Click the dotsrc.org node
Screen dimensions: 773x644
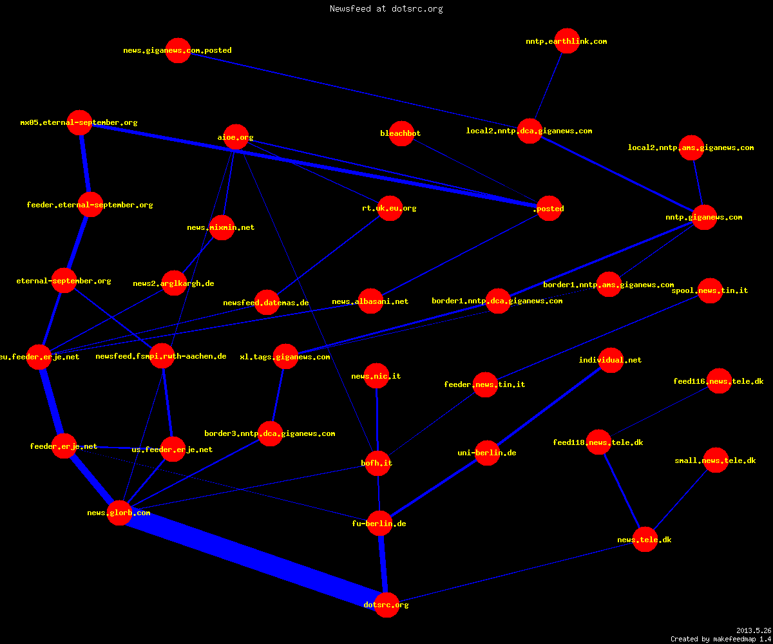(x=386, y=605)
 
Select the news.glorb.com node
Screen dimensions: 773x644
(x=119, y=513)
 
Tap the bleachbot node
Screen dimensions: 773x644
(x=401, y=133)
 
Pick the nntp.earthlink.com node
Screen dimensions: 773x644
(x=567, y=41)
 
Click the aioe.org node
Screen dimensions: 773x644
(x=236, y=137)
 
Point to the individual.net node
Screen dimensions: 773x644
(x=611, y=360)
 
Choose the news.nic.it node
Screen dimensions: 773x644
(x=376, y=375)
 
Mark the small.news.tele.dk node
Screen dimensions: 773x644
(x=716, y=460)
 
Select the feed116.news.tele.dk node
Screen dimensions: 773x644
(x=719, y=381)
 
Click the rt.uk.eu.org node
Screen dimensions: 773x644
(x=390, y=208)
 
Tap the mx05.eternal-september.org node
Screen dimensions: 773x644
(x=80, y=122)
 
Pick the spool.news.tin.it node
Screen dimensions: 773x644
(x=710, y=290)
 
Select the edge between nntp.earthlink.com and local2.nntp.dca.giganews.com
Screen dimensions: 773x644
(x=548, y=86)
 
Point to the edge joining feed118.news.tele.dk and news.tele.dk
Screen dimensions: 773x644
(x=622, y=491)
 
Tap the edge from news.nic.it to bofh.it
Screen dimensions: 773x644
(x=377, y=419)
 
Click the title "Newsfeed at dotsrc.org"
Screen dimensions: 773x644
(x=386, y=9)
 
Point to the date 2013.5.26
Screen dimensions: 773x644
(x=754, y=630)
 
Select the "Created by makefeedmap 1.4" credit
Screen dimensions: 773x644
(x=721, y=639)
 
